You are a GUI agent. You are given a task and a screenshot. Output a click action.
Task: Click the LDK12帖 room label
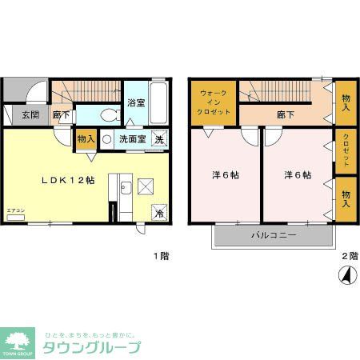coord(68,180)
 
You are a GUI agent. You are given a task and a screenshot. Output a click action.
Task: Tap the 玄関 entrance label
coord(30,115)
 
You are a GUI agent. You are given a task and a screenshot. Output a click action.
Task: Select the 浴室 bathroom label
coord(136,102)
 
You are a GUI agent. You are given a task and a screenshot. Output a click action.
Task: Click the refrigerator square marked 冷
coord(159,213)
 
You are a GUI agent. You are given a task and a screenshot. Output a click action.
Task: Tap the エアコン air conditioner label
coord(15,210)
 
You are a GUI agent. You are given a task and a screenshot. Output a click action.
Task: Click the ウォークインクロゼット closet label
coord(214,102)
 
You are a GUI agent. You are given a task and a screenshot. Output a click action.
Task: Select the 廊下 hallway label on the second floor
coord(285,115)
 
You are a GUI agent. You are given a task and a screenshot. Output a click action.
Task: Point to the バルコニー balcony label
coord(274,236)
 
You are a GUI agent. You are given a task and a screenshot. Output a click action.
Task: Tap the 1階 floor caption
coord(161,256)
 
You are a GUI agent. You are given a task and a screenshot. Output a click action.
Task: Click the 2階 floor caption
coord(350,256)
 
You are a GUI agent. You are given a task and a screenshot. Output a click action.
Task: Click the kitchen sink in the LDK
coord(125,189)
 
